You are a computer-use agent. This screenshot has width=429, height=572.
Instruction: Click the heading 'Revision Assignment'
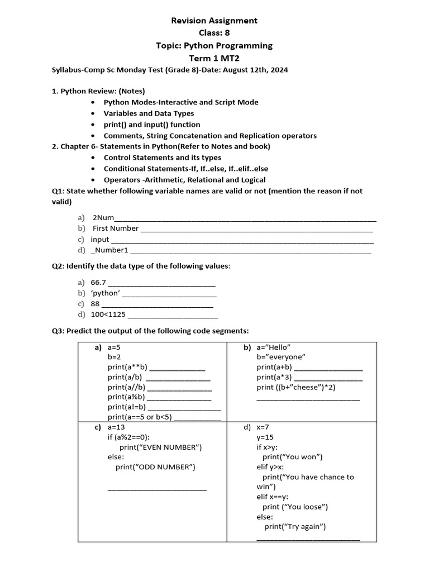[214, 21]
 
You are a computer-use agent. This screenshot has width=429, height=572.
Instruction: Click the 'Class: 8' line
[214, 33]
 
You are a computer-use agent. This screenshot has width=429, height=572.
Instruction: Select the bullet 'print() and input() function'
[152, 125]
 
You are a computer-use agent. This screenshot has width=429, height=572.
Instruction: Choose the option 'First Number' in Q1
[116, 228]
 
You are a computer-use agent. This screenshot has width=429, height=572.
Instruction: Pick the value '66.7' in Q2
[98, 283]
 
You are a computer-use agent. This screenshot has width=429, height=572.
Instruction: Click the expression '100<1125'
[108, 314]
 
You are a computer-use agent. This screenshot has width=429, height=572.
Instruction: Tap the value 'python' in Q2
[105, 293]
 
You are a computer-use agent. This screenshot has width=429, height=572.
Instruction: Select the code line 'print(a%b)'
[126, 397]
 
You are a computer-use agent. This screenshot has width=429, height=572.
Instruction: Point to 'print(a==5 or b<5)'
[140, 417]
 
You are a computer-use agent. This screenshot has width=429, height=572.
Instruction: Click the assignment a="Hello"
[274, 347]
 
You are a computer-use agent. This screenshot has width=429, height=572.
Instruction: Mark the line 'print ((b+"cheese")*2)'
[296, 387]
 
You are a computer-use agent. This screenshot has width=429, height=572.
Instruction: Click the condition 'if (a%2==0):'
[128, 437]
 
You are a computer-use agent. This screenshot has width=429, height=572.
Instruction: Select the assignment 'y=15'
[265, 437]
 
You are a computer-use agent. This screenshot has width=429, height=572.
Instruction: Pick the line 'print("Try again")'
[295, 527]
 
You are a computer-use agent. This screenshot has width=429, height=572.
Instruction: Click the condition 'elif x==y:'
[272, 497]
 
